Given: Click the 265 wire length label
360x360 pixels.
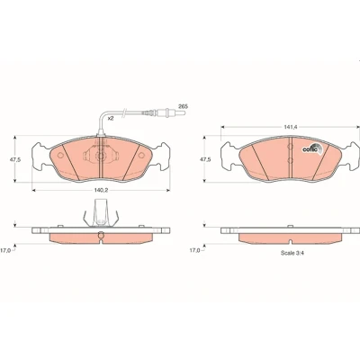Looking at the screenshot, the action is pos(183,106).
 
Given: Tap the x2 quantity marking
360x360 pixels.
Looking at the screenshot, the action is pos(111,119).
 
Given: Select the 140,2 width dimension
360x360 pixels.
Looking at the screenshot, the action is pos(101,191).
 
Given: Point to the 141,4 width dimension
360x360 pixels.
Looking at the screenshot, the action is pos(291,127).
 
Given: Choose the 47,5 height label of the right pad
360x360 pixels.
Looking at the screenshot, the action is pos(205,159).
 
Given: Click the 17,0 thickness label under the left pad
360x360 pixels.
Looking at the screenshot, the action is pos(5,250).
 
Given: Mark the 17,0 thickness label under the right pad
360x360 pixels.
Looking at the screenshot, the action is pos(194,250).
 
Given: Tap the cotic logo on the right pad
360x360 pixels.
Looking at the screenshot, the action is pos(311,148).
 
